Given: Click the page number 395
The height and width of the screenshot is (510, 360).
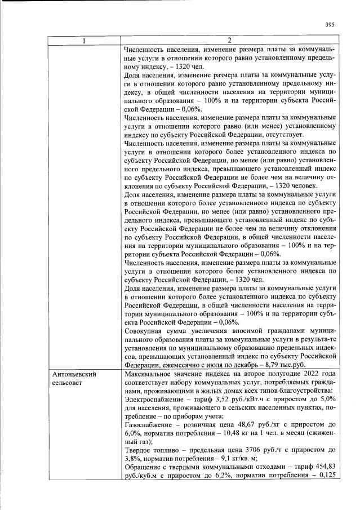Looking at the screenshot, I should point(330,24).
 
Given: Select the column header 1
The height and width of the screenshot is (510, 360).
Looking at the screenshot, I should point(84,41).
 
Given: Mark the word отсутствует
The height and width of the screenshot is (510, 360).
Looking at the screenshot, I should point(282,135).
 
